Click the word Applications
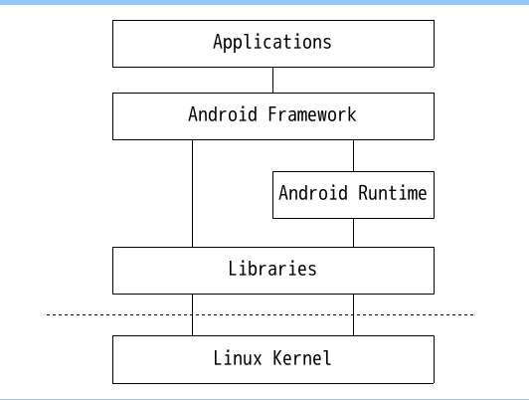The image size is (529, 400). pyautogui.click(x=272, y=43)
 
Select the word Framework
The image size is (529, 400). pyautogui.click(x=312, y=114)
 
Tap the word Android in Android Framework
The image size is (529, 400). pyautogui.click(x=223, y=114)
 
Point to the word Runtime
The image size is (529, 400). pyautogui.click(x=393, y=193)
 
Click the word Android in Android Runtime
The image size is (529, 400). pyautogui.click(x=313, y=193)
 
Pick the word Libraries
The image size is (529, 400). pyautogui.click(x=272, y=269)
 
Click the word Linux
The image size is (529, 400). pyautogui.click(x=238, y=358)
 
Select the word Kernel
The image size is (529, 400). pyautogui.click(x=302, y=358)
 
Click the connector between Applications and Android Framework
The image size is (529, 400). pyautogui.click(x=272, y=80)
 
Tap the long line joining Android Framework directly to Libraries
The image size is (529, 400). pyautogui.click(x=192, y=193)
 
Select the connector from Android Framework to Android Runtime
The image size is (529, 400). pyautogui.click(x=354, y=155)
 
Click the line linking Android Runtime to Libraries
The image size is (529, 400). pyautogui.click(x=354, y=233)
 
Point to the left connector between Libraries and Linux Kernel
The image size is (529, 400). pyautogui.click(x=192, y=315)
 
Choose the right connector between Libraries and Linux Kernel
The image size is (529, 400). pyautogui.click(x=354, y=315)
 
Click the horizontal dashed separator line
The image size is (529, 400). pyautogui.click(x=260, y=315)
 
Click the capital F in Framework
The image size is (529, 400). pyautogui.click(x=272, y=114)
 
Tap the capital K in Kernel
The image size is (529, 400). pyautogui.click(x=278, y=358)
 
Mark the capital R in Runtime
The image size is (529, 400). pyautogui.click(x=363, y=193)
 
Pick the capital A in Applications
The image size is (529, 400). pyautogui.click(x=218, y=42)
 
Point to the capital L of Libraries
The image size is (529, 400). pyautogui.click(x=233, y=269)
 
